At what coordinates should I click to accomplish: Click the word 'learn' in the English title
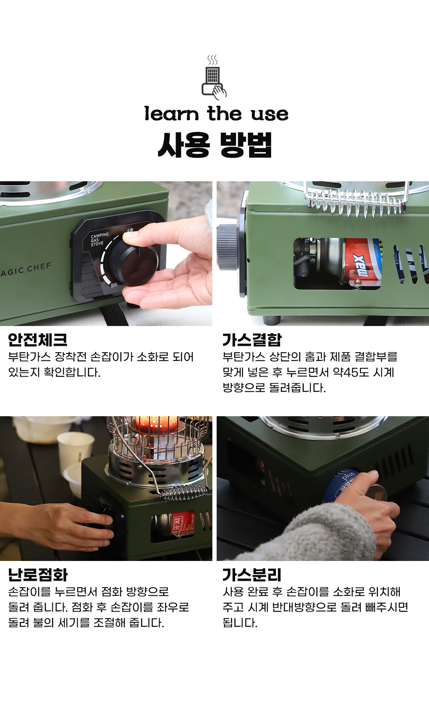pos(172,114)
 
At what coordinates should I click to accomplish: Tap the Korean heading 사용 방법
pos(214,145)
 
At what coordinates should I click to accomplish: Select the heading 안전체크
pos(37,340)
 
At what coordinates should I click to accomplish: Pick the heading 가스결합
pos(252,340)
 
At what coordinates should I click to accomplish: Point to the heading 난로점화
pos(37,575)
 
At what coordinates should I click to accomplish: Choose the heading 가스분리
pos(252,575)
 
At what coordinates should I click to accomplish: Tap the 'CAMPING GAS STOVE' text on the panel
pos(100,239)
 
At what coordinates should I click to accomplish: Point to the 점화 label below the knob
pos(114,285)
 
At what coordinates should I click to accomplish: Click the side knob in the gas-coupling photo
pos(227,247)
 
